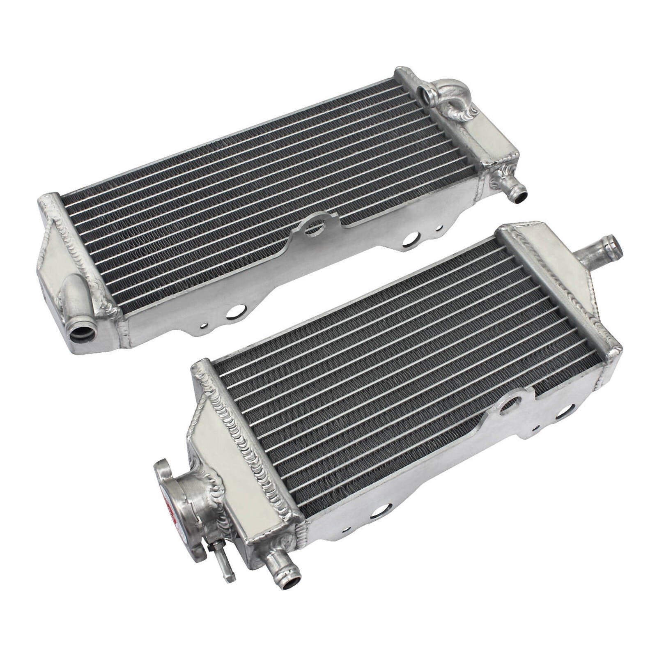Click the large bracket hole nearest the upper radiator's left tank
click(234, 312)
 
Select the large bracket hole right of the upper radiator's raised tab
click(411, 239)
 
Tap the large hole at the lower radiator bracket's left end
click(377, 511)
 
